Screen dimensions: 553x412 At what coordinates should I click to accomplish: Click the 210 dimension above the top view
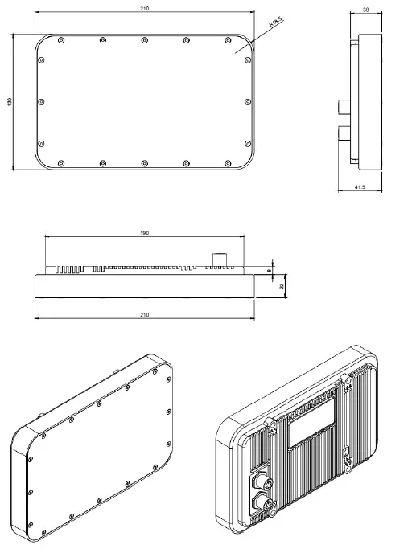point(145,9)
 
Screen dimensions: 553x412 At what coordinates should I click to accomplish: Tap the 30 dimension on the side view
point(366,10)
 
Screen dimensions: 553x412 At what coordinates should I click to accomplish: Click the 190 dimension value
point(145,232)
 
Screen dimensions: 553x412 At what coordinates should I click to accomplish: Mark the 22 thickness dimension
point(282,285)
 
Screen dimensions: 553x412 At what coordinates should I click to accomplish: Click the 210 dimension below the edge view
point(145,314)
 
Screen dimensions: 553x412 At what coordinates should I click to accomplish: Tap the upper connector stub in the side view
point(344,106)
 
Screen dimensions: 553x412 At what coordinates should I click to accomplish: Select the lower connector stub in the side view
point(344,133)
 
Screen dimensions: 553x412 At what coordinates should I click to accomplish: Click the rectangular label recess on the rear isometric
point(312,423)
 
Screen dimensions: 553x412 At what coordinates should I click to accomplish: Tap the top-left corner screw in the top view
point(61,40)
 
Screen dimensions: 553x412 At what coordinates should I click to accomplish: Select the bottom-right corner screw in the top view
point(229,163)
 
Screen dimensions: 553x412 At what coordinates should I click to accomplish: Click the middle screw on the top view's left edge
point(42,101)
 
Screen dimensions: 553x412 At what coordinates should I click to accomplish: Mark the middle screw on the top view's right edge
point(249,101)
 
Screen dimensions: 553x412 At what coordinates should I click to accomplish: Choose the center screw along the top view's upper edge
point(145,40)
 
